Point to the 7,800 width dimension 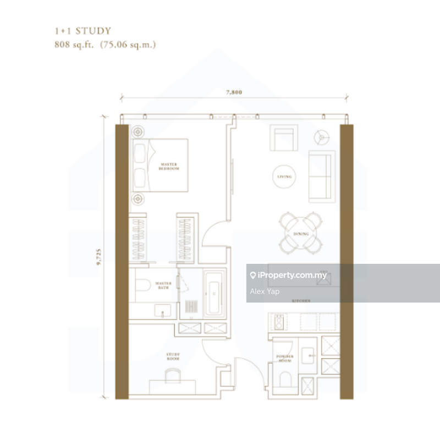click(233, 92)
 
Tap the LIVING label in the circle click(284, 177)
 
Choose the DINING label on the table click(301, 234)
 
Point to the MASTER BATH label click(163, 285)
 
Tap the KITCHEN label click(301, 301)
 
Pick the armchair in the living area click(284, 138)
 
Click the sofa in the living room click(321, 175)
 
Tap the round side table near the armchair click(321, 136)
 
